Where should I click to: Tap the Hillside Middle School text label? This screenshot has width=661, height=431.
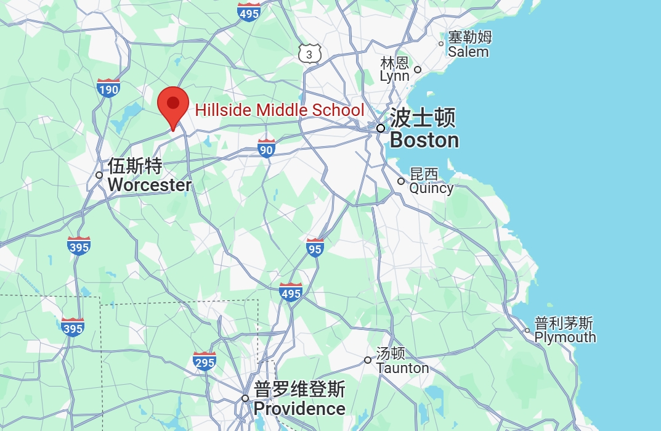coord(280,110)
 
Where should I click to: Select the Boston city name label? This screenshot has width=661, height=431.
coord(424,129)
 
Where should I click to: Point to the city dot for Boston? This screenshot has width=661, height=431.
coord(381,128)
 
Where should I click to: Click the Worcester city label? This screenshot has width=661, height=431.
coord(149,176)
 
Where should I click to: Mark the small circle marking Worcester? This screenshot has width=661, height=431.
coord(99,175)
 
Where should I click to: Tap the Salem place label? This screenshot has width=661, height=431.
coord(469,44)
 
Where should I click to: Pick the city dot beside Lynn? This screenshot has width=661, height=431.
coord(417,70)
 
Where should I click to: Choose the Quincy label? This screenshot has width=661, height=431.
coord(431,181)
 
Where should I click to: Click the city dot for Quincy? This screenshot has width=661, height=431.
coord(401,181)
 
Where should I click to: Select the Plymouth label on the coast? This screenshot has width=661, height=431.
coord(564,330)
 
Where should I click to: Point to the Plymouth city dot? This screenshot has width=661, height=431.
coord(527,330)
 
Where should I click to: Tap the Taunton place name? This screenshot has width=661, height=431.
coord(402,361)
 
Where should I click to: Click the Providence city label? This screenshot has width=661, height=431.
coord(299,400)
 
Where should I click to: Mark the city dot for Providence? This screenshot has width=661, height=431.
coord(245,398)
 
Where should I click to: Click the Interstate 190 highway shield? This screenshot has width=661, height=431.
coord(108,89)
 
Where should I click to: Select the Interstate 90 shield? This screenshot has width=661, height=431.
coord(266,148)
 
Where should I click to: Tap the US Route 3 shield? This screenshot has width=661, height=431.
coord(309,54)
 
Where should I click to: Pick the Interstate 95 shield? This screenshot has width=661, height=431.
coord(315,248)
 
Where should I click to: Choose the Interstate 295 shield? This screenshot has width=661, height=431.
coord(205,361)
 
